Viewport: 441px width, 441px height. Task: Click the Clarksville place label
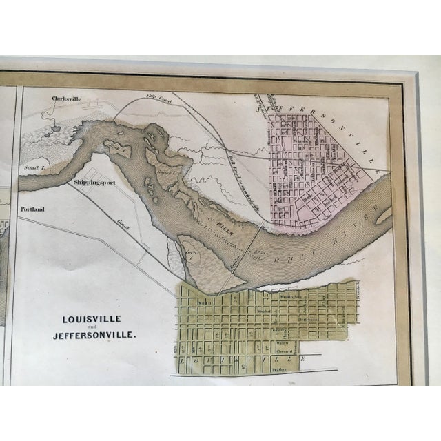[66, 99]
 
